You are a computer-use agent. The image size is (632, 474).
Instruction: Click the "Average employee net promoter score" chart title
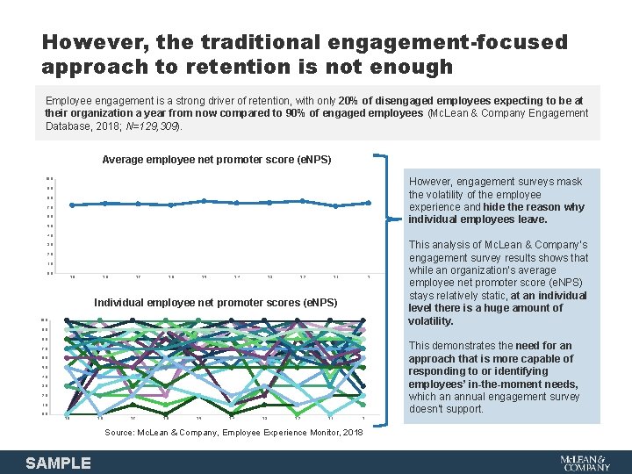tap(217, 160)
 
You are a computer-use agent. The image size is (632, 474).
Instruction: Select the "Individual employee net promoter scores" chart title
tap(215, 303)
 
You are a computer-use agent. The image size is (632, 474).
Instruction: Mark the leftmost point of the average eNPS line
tap(72, 205)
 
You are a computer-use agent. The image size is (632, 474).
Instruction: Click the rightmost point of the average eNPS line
tap(369, 203)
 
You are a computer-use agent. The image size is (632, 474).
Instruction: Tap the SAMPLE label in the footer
tap(59, 463)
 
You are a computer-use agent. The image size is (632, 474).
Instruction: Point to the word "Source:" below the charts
tap(120, 433)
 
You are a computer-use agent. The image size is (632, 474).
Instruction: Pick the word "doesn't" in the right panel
tap(428, 409)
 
